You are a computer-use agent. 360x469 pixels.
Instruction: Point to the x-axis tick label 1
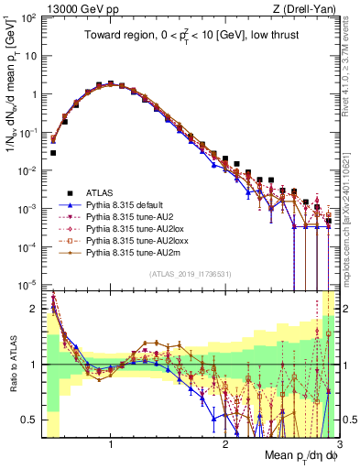tap(111, 445)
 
